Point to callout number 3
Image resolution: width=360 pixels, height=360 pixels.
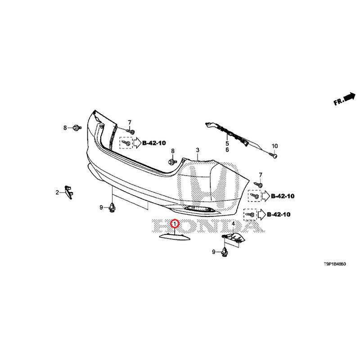click(x=197, y=149)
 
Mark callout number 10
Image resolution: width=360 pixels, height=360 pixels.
click(x=274, y=146)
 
